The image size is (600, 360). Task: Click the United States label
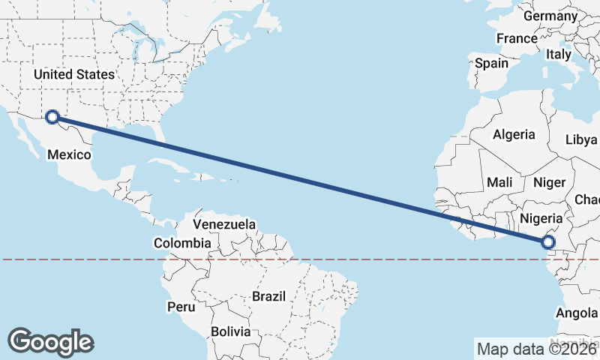73,74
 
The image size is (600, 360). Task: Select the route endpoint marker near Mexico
52,116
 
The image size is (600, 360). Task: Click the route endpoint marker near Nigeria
548,241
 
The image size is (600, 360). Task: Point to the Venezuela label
224,224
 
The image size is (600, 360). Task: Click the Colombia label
182,243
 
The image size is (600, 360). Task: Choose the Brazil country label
269,296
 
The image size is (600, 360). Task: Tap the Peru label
181,307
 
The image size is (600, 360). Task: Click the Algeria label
514,135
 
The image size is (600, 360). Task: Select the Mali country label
499,182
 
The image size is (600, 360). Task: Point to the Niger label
548,182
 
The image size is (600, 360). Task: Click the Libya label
581,139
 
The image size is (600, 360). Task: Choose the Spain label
491,64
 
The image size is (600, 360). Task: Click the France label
517,38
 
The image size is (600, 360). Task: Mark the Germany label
550,16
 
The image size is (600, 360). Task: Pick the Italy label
559,54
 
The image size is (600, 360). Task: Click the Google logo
50,342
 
